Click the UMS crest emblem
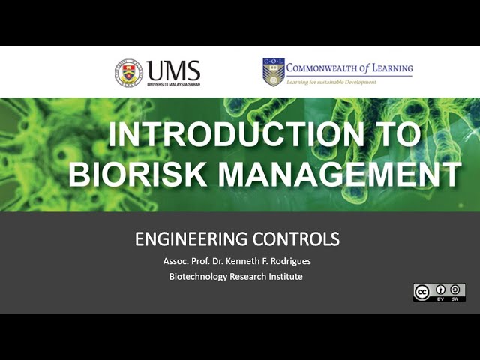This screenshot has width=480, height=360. [x=128, y=73]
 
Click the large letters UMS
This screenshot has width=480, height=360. [x=174, y=70]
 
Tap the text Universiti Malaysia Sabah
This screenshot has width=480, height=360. [x=174, y=84]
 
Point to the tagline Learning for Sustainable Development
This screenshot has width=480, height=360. [x=331, y=82]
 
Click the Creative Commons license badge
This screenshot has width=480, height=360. [x=439, y=292]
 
